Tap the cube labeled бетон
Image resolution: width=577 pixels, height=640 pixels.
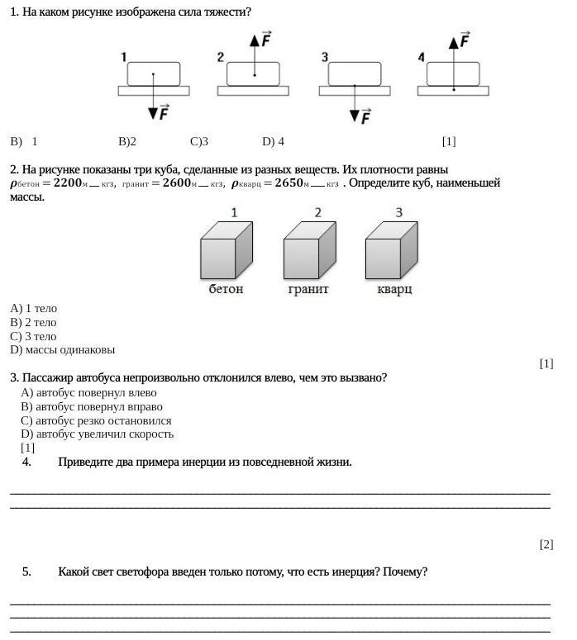click(226, 251)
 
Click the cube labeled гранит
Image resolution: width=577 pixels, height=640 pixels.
click(309, 251)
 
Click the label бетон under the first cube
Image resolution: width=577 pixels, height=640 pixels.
click(226, 289)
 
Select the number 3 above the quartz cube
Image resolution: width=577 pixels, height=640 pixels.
click(399, 213)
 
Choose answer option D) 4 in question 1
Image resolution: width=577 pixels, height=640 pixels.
click(273, 141)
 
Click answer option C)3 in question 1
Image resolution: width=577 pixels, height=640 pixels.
click(198, 141)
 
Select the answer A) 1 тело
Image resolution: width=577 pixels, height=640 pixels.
click(34, 308)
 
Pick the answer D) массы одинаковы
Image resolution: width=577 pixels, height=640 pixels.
click(63, 349)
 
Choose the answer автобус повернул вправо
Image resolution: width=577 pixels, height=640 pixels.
click(92, 406)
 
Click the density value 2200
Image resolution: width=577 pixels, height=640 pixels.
click(69, 183)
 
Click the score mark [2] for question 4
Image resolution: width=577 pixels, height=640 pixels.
click(546, 544)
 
